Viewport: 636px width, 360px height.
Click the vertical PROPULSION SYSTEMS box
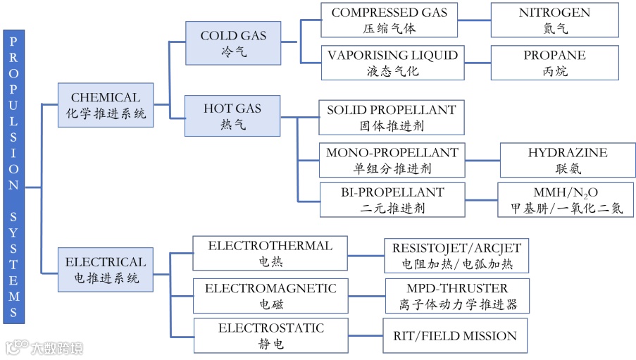pos(14,177)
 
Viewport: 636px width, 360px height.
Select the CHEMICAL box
pos(106,105)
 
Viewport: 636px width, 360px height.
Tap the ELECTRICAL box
pos(106,270)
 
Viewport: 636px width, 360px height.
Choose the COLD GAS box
pos(233,43)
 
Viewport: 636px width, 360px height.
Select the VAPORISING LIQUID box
pos(392,63)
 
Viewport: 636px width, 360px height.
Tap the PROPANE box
pos(554,63)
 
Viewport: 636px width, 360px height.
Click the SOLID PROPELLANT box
pos(392,118)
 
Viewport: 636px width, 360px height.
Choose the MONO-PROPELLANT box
pos(392,160)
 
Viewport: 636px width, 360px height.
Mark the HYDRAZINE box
pos(567,160)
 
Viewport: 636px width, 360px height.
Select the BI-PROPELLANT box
pos(392,199)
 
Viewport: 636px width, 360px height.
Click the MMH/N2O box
pos(566,199)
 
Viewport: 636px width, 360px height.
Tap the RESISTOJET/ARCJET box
pos(456,255)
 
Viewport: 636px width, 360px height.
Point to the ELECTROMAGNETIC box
pos(270,296)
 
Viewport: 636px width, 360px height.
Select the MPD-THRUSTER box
pos(457,296)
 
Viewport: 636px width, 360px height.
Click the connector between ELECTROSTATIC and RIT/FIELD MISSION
pos(363,336)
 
